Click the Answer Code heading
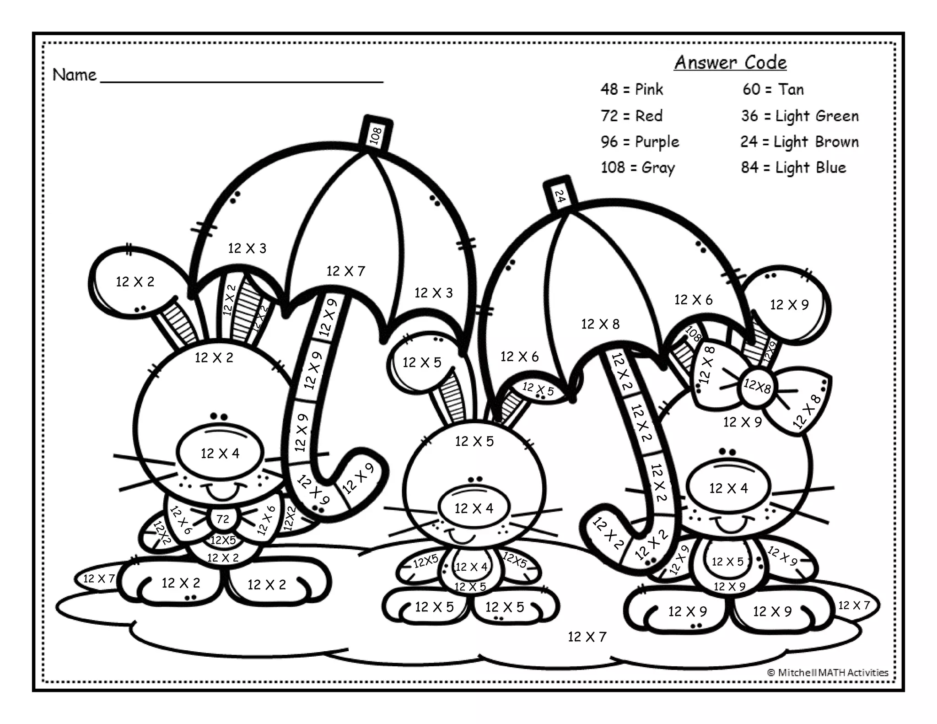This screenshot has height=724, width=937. [x=730, y=63]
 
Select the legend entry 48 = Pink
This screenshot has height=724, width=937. [x=632, y=89]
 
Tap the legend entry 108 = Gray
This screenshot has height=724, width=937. [x=638, y=167]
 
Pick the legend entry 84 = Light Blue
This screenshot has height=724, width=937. [x=793, y=167]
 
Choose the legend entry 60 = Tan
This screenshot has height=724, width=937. [x=773, y=89]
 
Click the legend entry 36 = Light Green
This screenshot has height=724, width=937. [x=800, y=116]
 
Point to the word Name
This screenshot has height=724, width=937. [x=75, y=75]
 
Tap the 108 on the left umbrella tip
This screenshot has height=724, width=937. [x=376, y=136]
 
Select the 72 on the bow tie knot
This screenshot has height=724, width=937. [x=223, y=519]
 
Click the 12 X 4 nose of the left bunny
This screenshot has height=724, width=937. [x=220, y=453]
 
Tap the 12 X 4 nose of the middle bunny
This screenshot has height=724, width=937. [x=474, y=508]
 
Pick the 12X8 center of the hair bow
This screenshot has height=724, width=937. [x=757, y=386]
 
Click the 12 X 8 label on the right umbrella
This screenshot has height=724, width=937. [x=600, y=324]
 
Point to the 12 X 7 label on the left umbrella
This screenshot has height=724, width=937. [x=346, y=271]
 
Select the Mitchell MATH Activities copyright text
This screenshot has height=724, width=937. [x=828, y=672]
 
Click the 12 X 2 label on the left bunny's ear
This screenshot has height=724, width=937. [x=135, y=281]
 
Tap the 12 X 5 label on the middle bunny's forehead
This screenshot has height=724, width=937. [x=474, y=441]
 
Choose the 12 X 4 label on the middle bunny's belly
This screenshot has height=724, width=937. [x=471, y=567]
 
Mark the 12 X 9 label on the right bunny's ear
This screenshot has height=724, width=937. [x=789, y=304]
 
